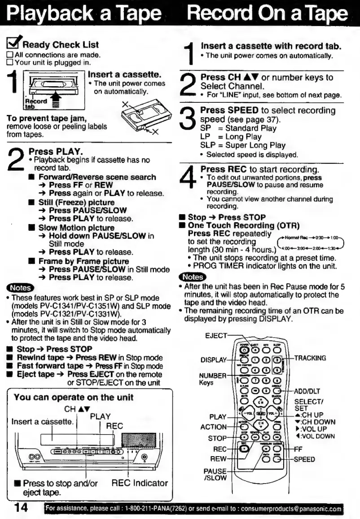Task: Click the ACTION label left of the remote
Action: pos(215,427)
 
